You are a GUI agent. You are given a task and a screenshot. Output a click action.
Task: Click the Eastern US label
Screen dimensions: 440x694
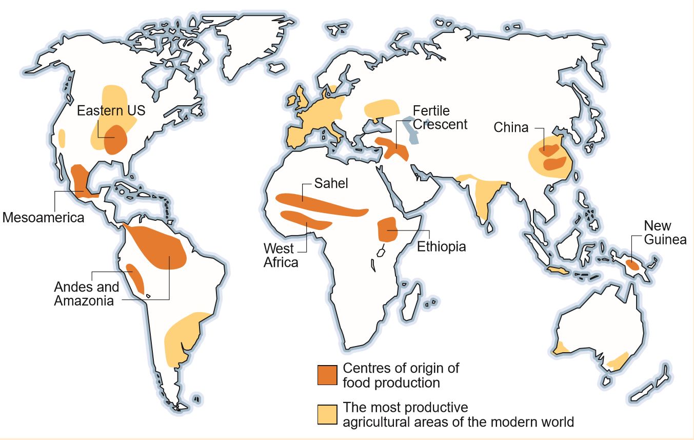coord(111,111)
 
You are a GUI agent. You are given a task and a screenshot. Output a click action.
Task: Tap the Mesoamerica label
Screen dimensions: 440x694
coord(43,217)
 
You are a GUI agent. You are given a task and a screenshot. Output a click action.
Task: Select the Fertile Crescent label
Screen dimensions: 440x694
coord(440,118)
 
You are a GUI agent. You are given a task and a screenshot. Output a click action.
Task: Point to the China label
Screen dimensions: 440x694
coord(510,127)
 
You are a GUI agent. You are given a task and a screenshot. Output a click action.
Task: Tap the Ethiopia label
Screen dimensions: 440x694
coord(441,246)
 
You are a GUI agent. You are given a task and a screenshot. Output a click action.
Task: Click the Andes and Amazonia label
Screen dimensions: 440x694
coord(86,294)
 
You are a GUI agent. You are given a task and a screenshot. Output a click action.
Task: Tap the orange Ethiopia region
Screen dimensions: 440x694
coord(387,229)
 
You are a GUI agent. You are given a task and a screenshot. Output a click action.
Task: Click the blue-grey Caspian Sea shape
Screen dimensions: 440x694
coord(410,128)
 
